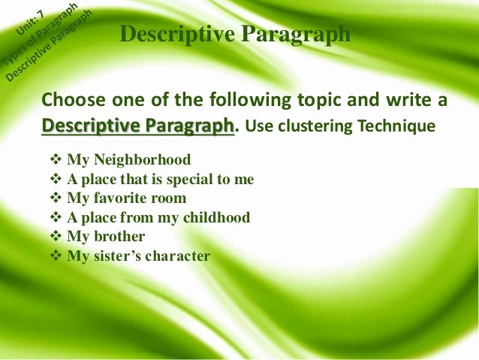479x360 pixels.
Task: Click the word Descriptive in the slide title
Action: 177,35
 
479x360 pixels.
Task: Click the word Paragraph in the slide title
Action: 296,35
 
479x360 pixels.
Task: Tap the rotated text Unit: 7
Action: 30,23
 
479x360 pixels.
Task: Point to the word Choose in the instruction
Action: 74,99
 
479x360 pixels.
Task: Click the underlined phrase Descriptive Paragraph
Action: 138,126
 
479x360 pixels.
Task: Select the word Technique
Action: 396,126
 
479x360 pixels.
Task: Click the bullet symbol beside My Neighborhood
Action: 56,159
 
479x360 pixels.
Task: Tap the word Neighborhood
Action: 143,159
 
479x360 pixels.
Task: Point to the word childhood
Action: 216,217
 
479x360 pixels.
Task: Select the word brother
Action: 119,236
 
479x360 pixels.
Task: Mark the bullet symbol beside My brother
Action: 56,236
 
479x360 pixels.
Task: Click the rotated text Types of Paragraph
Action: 41,35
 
